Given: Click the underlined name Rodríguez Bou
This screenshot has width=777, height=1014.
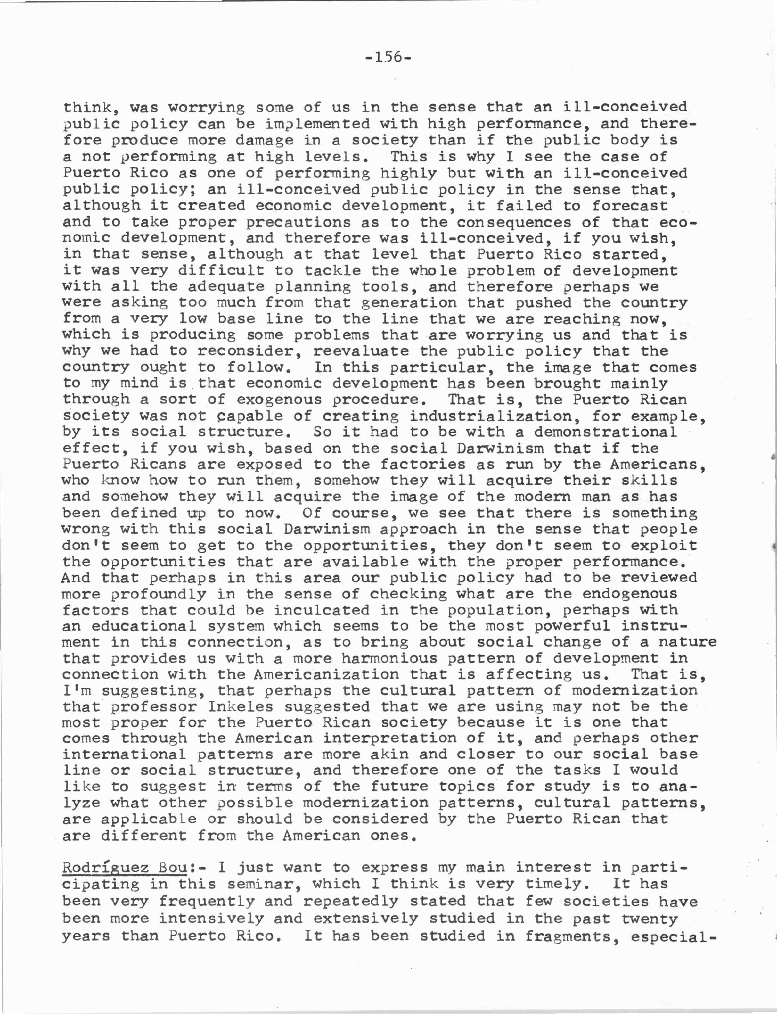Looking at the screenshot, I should pos(124,867).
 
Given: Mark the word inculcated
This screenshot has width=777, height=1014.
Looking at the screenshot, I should pos(322,610).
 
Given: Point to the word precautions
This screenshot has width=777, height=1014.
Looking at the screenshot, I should pos(298,222).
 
